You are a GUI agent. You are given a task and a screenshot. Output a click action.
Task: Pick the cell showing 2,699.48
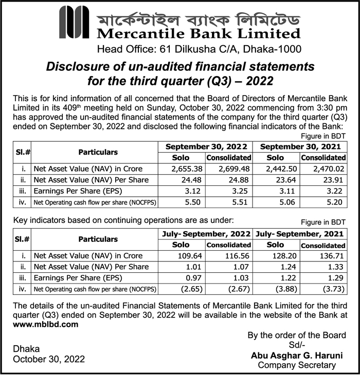(229, 169)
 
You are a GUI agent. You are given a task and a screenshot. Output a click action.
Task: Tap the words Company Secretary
(296, 365)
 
